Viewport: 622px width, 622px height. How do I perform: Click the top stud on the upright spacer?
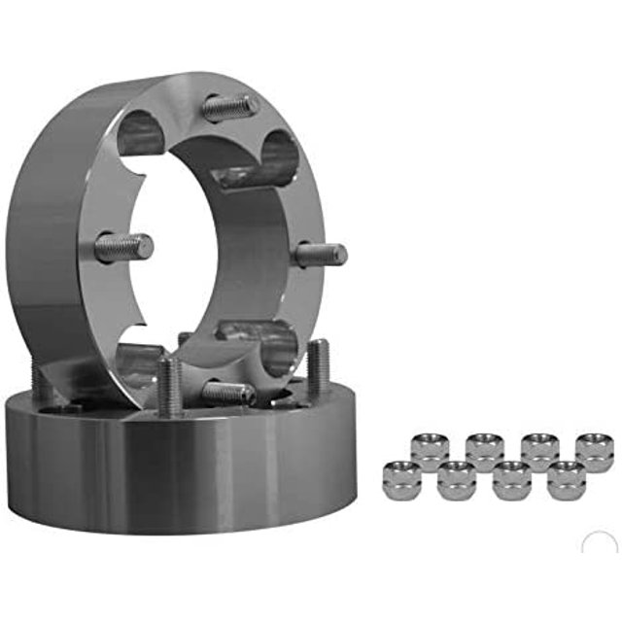pyautogui.click(x=229, y=106)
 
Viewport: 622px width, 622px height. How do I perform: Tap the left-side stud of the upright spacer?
pyautogui.click(x=124, y=247)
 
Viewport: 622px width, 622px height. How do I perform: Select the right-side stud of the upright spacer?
pyautogui.click(x=321, y=256)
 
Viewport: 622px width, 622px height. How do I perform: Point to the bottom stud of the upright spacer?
pyautogui.click(x=229, y=393)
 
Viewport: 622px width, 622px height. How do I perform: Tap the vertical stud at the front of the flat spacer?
pyautogui.click(x=169, y=387)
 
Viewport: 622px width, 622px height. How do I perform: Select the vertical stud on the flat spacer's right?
pyautogui.click(x=318, y=367)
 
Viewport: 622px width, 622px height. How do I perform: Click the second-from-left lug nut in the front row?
pyautogui.click(x=456, y=480)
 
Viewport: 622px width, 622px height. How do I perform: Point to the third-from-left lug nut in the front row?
pyautogui.click(x=511, y=480)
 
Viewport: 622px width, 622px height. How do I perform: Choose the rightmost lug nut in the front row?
pyautogui.click(x=566, y=480)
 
